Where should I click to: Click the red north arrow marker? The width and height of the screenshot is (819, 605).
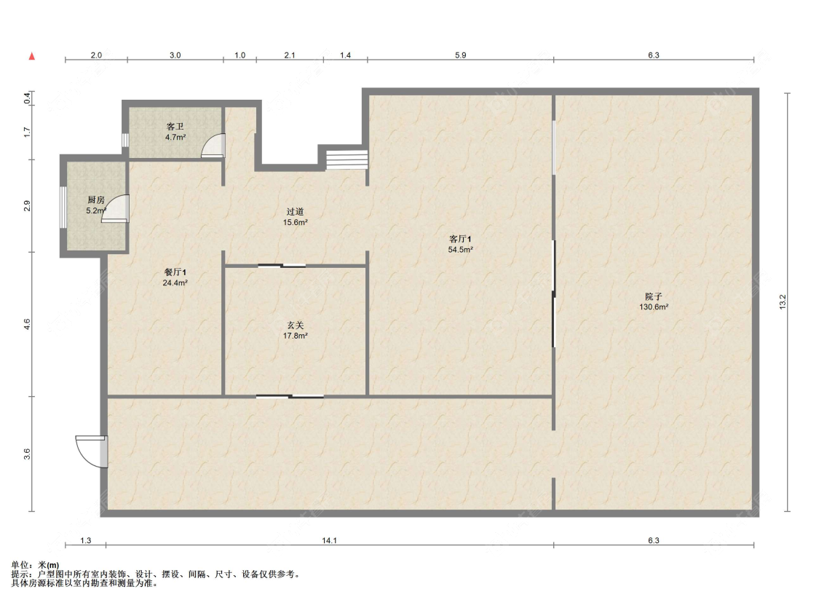click(x=32, y=56)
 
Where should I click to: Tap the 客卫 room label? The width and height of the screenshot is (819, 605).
click(x=175, y=127)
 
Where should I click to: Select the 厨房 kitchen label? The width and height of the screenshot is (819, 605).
click(x=95, y=199)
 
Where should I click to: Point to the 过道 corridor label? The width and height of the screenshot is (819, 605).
click(x=295, y=212)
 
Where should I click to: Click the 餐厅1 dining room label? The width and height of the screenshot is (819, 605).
click(x=175, y=272)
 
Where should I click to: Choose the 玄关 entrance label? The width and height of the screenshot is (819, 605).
click(x=295, y=325)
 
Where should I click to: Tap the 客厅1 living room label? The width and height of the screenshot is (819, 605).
click(x=460, y=239)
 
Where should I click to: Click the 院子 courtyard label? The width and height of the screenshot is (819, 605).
click(x=654, y=296)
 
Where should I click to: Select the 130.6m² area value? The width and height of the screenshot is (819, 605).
click(x=654, y=307)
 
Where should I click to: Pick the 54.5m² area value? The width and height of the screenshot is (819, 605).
click(x=460, y=250)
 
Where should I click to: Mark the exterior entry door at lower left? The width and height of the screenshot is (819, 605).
click(x=92, y=451)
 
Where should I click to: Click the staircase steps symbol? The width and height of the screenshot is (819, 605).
click(x=347, y=159)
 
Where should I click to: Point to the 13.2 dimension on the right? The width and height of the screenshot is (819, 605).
click(x=782, y=302)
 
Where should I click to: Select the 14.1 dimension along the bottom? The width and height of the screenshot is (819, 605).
click(x=329, y=541)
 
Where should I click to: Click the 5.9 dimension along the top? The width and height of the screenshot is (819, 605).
click(x=460, y=55)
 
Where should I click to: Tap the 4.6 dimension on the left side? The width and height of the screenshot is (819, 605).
click(x=27, y=325)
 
